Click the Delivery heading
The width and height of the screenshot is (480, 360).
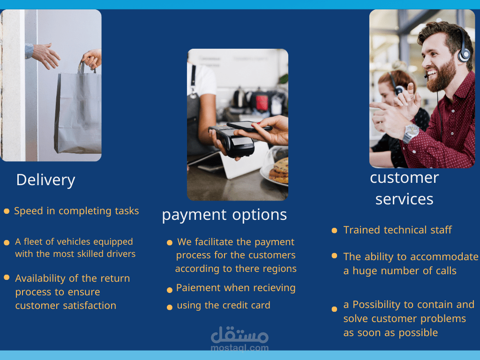[x=45, y=180]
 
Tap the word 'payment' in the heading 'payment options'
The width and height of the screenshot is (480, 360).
[x=195, y=215]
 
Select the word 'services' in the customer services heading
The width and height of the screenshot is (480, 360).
[x=404, y=199]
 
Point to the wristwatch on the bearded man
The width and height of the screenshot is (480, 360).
[x=410, y=133]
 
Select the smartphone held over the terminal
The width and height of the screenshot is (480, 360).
[x=249, y=126]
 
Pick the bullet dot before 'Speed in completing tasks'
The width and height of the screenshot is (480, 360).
[x=7, y=211]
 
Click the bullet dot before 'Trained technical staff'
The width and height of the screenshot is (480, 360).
[x=334, y=230]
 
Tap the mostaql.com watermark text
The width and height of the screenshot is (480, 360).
[x=240, y=348]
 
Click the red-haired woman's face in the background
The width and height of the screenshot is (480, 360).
[x=386, y=92]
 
